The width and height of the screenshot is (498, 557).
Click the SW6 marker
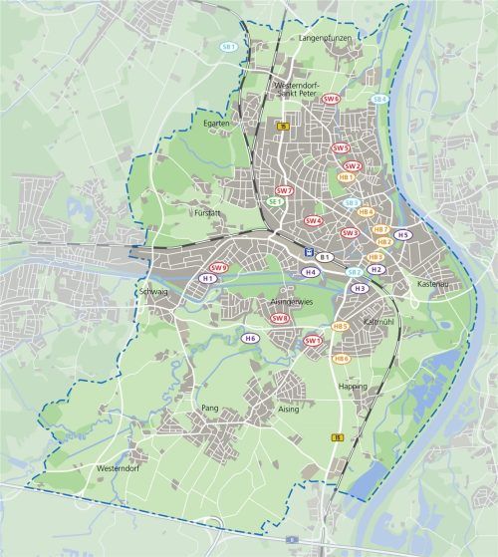pos(331,100)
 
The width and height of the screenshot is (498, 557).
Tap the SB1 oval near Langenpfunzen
pos(229,46)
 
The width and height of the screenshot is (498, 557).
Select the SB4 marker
pos(378,99)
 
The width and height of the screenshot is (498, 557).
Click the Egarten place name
pos(217,123)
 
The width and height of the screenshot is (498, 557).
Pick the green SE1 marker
pos(276,201)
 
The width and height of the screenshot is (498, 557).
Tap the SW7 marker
pos(285,190)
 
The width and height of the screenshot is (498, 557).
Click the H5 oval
pos(403,235)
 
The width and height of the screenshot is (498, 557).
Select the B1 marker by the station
pos(325,257)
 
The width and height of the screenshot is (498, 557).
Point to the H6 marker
pos(251,339)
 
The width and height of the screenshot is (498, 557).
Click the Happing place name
pos(353,386)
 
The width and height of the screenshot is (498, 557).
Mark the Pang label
pos(209,409)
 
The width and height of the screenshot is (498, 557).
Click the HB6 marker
pos(342,359)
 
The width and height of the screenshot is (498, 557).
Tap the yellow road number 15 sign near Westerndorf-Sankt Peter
pos(283,127)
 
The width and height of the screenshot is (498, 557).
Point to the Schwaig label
pos(153,292)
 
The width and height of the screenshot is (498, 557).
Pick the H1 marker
pos(208,279)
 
